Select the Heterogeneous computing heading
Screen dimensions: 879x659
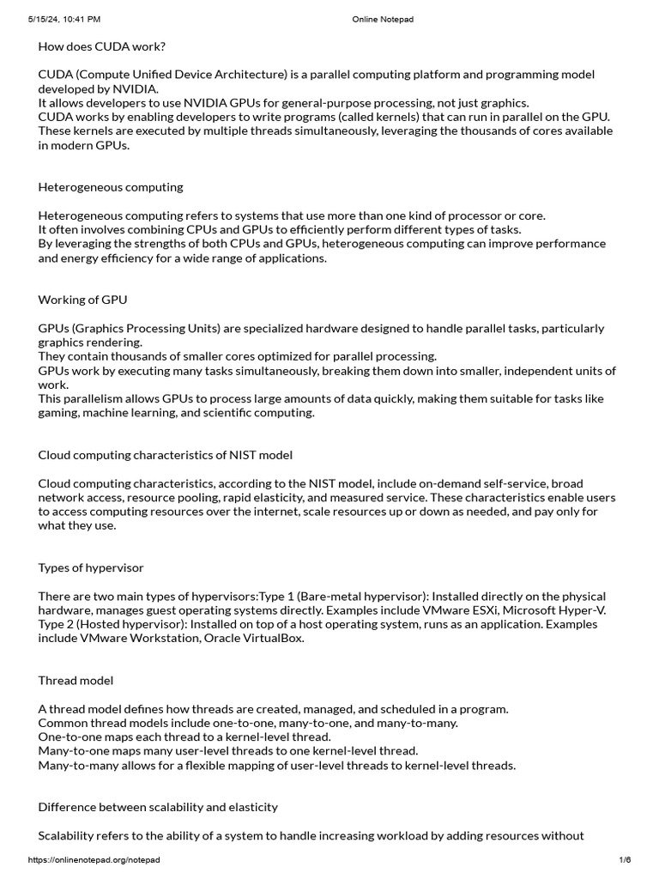(111, 187)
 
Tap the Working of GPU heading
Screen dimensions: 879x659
(83, 300)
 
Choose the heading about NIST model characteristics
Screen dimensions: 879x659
(166, 455)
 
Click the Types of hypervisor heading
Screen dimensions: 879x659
(91, 567)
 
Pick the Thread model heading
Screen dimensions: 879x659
(76, 681)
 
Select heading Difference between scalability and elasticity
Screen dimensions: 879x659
(158, 808)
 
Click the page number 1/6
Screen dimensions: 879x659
(625, 860)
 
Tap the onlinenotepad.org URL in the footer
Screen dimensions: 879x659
(94, 860)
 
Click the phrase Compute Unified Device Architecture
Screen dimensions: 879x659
(184, 76)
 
